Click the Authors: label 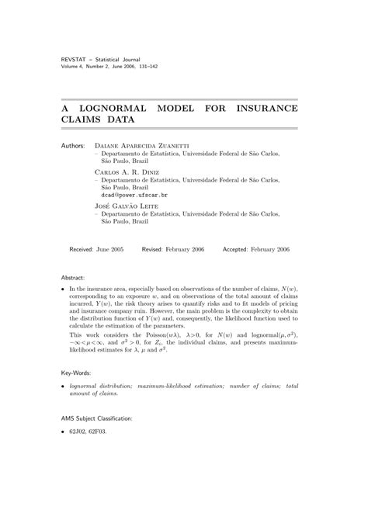75,145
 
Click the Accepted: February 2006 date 256,251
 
